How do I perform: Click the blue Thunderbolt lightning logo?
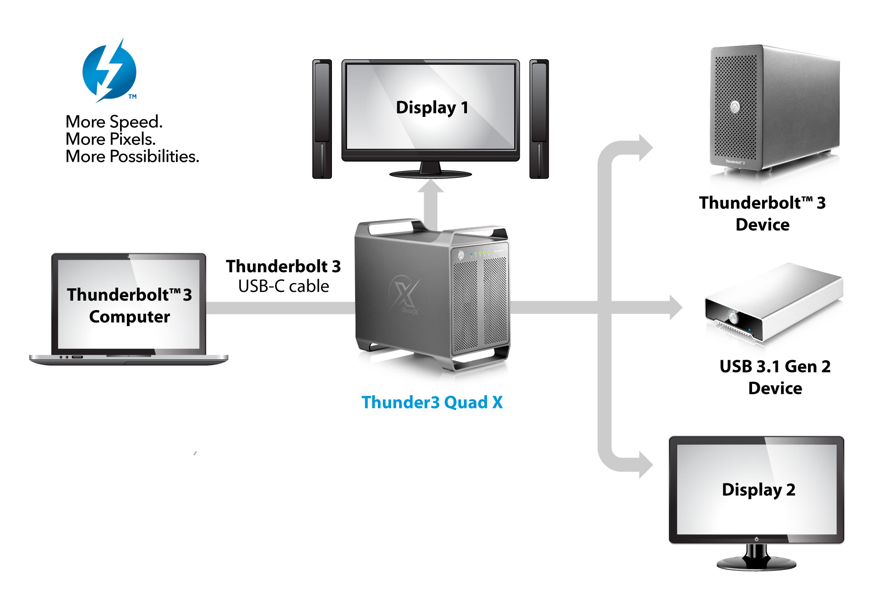coord(109,71)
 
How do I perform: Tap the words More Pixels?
coord(110,139)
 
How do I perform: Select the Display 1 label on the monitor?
coord(432,108)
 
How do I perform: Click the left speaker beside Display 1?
coord(322,119)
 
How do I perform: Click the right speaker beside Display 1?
coord(539,119)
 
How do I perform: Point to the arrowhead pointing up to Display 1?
coord(431,187)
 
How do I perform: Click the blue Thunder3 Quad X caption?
coord(432,403)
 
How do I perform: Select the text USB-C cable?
coord(283,287)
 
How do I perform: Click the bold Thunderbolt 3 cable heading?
coord(283,267)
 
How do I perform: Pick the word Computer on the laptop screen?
coord(130,317)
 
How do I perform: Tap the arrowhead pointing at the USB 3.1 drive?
coord(676,307)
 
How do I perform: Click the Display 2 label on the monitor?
coord(758,490)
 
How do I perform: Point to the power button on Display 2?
coord(756,539)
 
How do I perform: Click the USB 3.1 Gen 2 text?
coord(775,367)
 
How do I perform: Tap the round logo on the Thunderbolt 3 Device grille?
coord(735,107)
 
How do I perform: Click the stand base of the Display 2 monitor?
coord(756,564)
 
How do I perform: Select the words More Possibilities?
coord(132,156)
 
